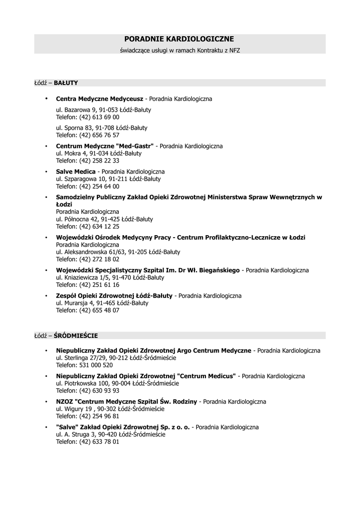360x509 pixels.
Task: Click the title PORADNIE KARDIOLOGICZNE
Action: coord(179,39)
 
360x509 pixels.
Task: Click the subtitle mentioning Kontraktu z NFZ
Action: coord(180,50)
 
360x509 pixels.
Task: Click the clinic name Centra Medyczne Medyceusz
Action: coord(99,99)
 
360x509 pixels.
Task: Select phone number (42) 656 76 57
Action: coord(99,135)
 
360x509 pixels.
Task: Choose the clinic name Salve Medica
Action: coord(76,171)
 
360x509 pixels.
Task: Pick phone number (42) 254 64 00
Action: coord(99,186)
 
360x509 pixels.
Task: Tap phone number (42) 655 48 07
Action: coord(99,310)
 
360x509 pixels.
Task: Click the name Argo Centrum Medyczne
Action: coord(214,350)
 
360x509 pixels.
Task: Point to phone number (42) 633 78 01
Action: coord(99,441)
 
